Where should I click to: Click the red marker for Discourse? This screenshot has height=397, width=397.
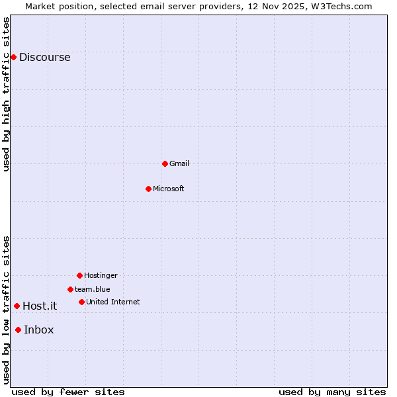click(13, 57)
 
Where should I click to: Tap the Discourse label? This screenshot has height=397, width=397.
click(44, 57)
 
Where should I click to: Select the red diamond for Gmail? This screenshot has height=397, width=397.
click(165, 163)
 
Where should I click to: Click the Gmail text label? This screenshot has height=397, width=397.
click(179, 163)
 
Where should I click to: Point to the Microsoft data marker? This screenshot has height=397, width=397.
click(148, 189)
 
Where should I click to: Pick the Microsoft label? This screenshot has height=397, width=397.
click(169, 189)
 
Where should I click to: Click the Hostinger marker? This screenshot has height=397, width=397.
click(79, 275)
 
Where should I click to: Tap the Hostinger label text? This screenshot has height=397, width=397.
click(101, 275)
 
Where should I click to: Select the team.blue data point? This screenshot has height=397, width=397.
click(70, 289)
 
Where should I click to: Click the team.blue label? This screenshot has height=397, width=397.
click(93, 289)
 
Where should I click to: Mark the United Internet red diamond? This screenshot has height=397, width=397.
click(81, 302)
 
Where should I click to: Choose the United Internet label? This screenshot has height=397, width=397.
click(113, 302)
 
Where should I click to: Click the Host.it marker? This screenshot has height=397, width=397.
click(17, 306)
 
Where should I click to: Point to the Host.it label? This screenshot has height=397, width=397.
click(40, 306)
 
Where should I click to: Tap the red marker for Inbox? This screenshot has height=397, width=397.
click(18, 330)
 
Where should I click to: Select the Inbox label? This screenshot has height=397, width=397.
click(39, 330)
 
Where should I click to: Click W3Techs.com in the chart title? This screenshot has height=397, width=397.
click(342, 6)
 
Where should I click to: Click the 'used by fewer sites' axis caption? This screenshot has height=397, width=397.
click(68, 392)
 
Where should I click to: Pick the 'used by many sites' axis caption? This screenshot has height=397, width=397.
click(332, 392)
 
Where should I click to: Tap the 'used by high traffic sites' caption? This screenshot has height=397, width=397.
click(6, 94)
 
